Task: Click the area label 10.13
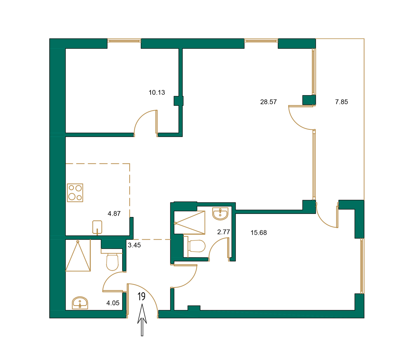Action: (157, 92)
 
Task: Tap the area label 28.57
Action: (268, 102)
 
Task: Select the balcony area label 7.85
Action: (341, 102)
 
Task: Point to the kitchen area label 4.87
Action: (114, 214)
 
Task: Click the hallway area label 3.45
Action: (134, 245)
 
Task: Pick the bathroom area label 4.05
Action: (113, 303)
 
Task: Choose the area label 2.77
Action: (224, 232)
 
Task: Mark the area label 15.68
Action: (259, 233)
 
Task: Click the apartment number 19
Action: (141, 297)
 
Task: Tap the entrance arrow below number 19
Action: (142, 320)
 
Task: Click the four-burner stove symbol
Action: (75, 193)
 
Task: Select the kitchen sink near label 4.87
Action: (97, 227)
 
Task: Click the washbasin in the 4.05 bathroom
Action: (80, 303)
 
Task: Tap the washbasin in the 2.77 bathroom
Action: (220, 214)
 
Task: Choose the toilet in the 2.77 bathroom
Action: (197, 246)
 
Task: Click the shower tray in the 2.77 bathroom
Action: (190, 223)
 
